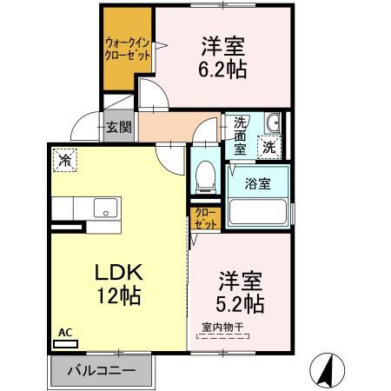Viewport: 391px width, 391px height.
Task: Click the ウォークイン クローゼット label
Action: [128, 49]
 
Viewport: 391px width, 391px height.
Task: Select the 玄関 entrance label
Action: [119, 127]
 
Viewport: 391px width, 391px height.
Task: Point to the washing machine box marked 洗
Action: [271, 146]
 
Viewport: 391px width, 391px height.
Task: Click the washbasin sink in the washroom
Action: [272, 123]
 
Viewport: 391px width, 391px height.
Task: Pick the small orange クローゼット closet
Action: [205, 217]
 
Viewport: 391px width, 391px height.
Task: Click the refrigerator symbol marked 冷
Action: [63, 160]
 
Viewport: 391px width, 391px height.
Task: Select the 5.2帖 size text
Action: [238, 305]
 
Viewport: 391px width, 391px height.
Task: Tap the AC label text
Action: [64, 332]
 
